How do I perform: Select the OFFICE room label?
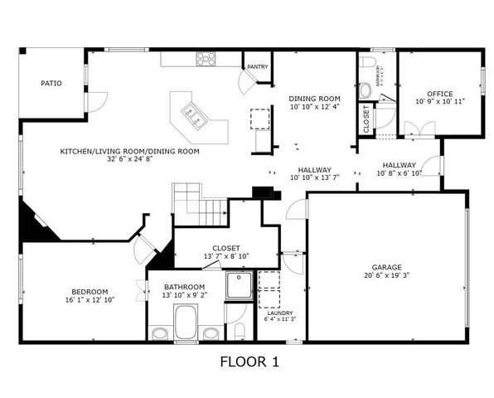(439, 94)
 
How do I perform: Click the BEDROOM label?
(88, 291)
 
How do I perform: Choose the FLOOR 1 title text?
(249, 362)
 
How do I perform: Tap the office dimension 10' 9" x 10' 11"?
(439, 102)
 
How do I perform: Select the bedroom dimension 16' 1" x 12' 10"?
(88, 299)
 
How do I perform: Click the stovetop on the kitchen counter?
(206, 59)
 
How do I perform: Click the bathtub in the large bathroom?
(186, 322)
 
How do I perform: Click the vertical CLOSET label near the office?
(366, 119)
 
